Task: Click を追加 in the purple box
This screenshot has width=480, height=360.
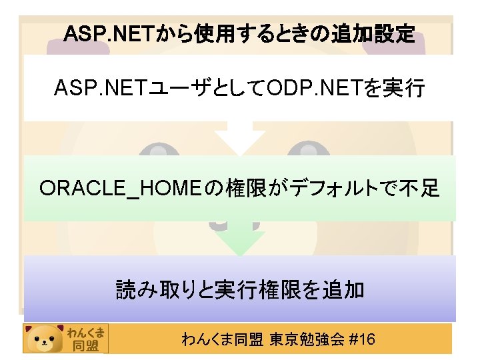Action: pos(339,289)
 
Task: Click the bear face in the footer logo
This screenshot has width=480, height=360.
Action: pos(45,339)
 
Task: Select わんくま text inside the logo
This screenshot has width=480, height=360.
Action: pos(86,331)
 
